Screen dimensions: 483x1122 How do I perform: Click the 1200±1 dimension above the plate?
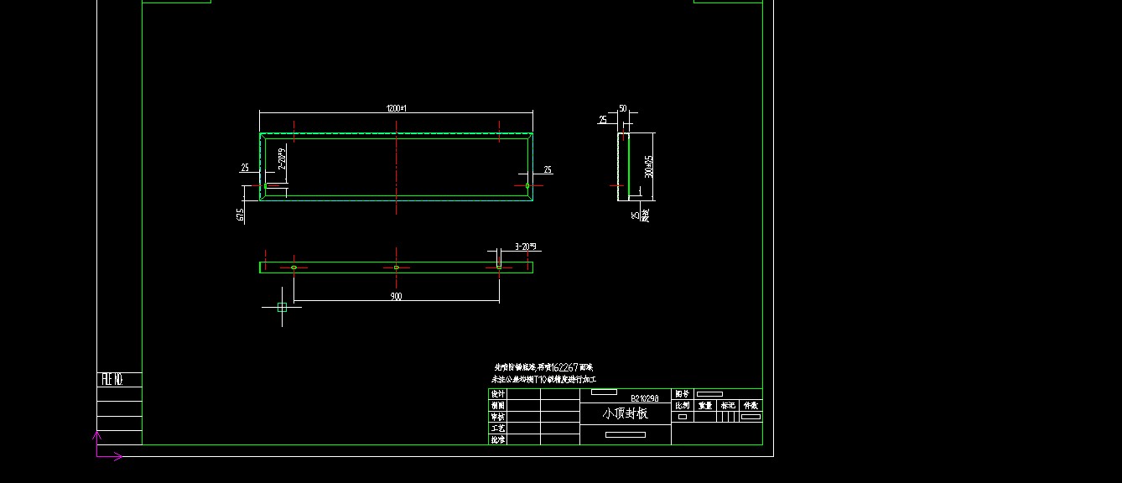click(396, 108)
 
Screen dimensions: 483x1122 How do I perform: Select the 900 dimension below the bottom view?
click(396, 296)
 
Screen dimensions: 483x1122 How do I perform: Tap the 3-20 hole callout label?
click(527, 247)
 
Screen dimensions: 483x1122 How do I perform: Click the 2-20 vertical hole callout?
click(282, 160)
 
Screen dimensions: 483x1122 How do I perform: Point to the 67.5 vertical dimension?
click(242, 216)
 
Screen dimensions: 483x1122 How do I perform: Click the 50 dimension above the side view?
click(623, 108)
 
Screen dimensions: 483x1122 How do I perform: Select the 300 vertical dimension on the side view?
click(648, 166)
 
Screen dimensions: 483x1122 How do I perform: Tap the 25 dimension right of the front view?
click(548, 170)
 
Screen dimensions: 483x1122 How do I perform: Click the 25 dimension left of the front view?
click(245, 168)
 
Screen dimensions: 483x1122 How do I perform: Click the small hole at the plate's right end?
click(527, 185)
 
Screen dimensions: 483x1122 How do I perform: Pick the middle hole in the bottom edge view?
click(396, 267)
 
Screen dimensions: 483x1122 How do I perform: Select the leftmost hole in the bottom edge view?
click(293, 267)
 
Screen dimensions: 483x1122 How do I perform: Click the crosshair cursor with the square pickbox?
click(282, 307)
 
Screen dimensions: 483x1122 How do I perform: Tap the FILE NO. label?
click(112, 380)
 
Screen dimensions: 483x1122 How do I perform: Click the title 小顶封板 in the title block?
click(625, 413)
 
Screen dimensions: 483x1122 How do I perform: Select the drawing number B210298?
click(644, 398)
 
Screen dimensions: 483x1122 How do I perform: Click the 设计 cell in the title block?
click(498, 393)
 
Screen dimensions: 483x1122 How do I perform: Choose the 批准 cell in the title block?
click(498, 439)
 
